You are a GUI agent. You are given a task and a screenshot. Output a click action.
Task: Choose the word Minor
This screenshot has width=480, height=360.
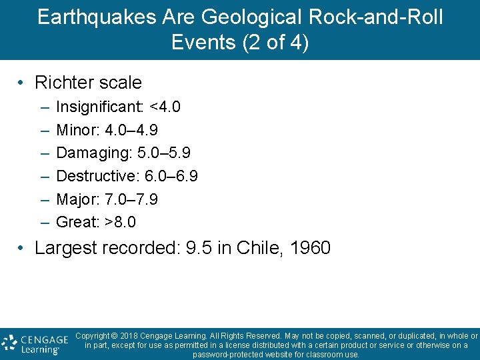(x=77, y=129)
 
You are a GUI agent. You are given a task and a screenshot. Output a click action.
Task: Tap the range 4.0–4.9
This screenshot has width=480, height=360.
(x=131, y=129)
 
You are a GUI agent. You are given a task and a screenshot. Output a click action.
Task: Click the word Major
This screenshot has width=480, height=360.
(x=77, y=199)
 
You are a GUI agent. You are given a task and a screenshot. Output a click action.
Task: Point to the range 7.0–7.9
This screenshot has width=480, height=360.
(x=131, y=199)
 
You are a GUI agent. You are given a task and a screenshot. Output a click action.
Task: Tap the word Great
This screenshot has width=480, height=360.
(x=76, y=221)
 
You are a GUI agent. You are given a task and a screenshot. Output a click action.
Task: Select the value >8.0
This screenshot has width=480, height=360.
(x=121, y=221)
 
